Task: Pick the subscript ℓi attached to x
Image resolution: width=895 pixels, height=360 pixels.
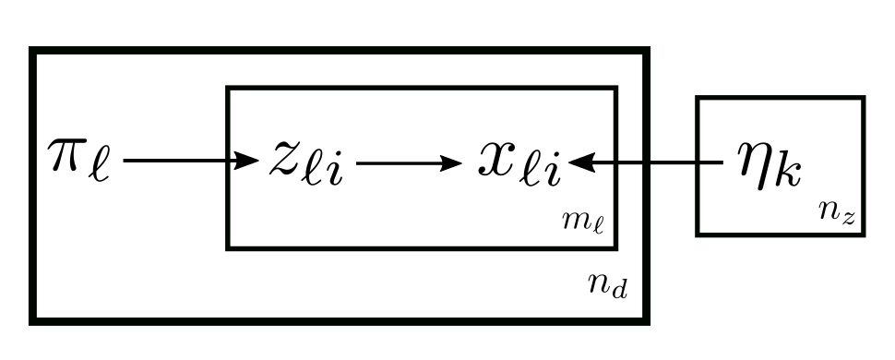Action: point(542,172)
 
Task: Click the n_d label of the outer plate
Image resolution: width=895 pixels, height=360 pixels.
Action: point(608,285)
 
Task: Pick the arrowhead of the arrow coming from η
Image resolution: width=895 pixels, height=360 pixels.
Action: point(580,163)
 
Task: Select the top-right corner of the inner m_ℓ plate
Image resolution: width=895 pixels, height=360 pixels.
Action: point(615,90)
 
